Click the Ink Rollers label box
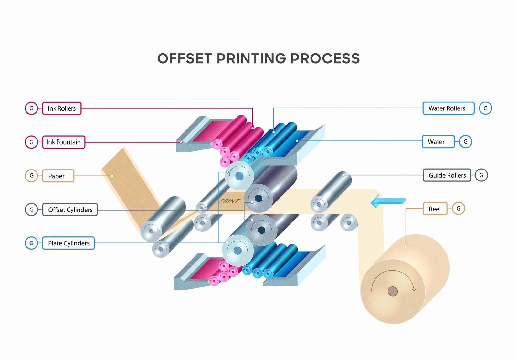tap(62, 108)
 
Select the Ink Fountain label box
tap(64, 142)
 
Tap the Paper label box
tap(58, 176)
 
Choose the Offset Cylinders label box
tap(70, 210)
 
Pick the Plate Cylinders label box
tap(69, 243)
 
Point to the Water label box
tap(438, 142)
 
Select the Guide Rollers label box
tap(447, 175)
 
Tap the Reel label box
tap(435, 209)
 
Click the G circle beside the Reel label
tap(458, 209)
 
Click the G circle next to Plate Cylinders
tap(32, 243)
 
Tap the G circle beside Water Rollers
tap(485, 108)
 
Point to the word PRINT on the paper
tap(230, 201)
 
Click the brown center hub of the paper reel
tap(393, 291)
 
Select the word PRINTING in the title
tap(251, 59)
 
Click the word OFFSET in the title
tap(185, 59)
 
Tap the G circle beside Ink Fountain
tap(32, 142)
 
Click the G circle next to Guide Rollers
tap(481, 175)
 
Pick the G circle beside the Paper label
tap(32, 176)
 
